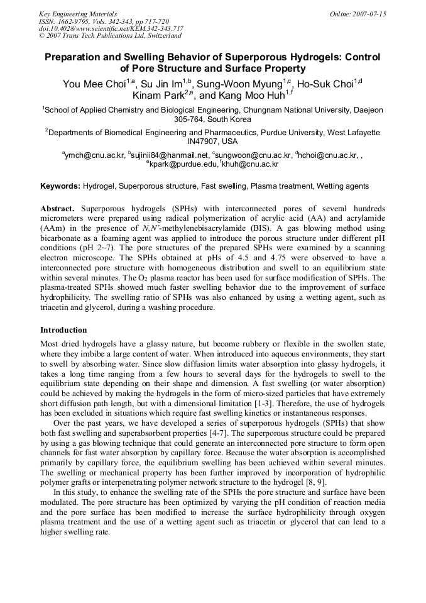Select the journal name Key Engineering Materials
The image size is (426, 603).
point(78,14)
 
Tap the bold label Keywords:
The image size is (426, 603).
point(60,186)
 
